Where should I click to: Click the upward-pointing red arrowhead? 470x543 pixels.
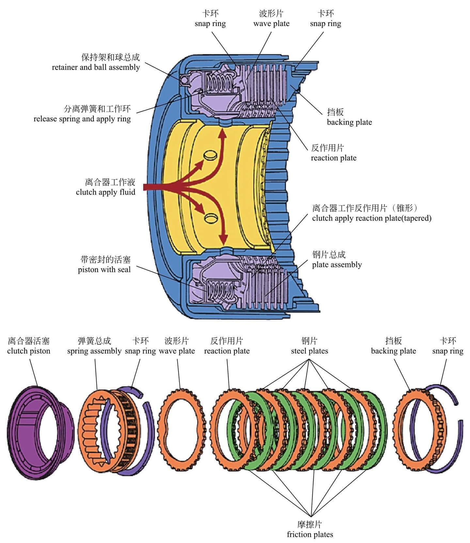[223, 133]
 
